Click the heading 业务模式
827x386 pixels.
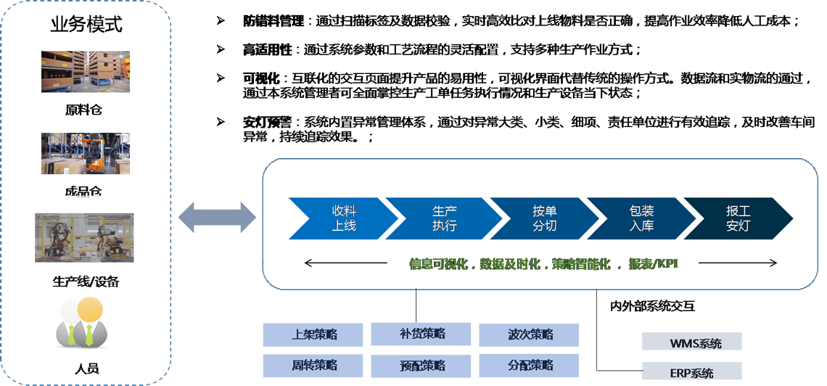[86, 25]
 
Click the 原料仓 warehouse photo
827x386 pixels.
[86, 72]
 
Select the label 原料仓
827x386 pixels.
[86, 111]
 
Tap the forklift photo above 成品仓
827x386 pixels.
[86, 153]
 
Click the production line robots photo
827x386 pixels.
[84, 237]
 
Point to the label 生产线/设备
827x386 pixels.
[86, 282]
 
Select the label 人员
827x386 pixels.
[86, 369]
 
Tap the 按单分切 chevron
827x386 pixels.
[544, 218]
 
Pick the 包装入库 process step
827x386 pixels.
[642, 218]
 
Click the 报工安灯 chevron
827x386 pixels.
[738, 218]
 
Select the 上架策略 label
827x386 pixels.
[314, 334]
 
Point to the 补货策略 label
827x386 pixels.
[422, 334]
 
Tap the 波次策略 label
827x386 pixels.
[530, 334]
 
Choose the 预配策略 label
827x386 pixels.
[422, 365]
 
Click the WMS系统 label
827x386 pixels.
[696, 343]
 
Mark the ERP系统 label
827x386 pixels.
[691, 374]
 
